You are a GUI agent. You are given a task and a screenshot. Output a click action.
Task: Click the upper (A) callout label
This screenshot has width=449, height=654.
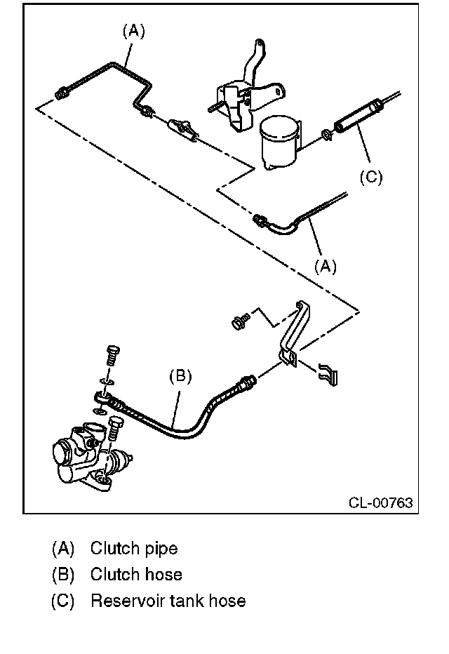click(133, 31)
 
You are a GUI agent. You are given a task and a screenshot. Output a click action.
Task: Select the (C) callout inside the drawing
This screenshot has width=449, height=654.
click(370, 177)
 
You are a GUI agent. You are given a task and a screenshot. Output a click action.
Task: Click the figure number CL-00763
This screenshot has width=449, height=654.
click(381, 502)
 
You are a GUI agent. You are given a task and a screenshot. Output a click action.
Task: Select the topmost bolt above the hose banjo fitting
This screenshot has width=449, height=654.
click(112, 355)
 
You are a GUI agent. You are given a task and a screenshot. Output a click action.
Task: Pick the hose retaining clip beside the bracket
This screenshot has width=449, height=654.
click(327, 373)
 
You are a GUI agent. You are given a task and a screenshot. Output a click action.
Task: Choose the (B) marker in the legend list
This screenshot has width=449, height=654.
click(63, 575)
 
